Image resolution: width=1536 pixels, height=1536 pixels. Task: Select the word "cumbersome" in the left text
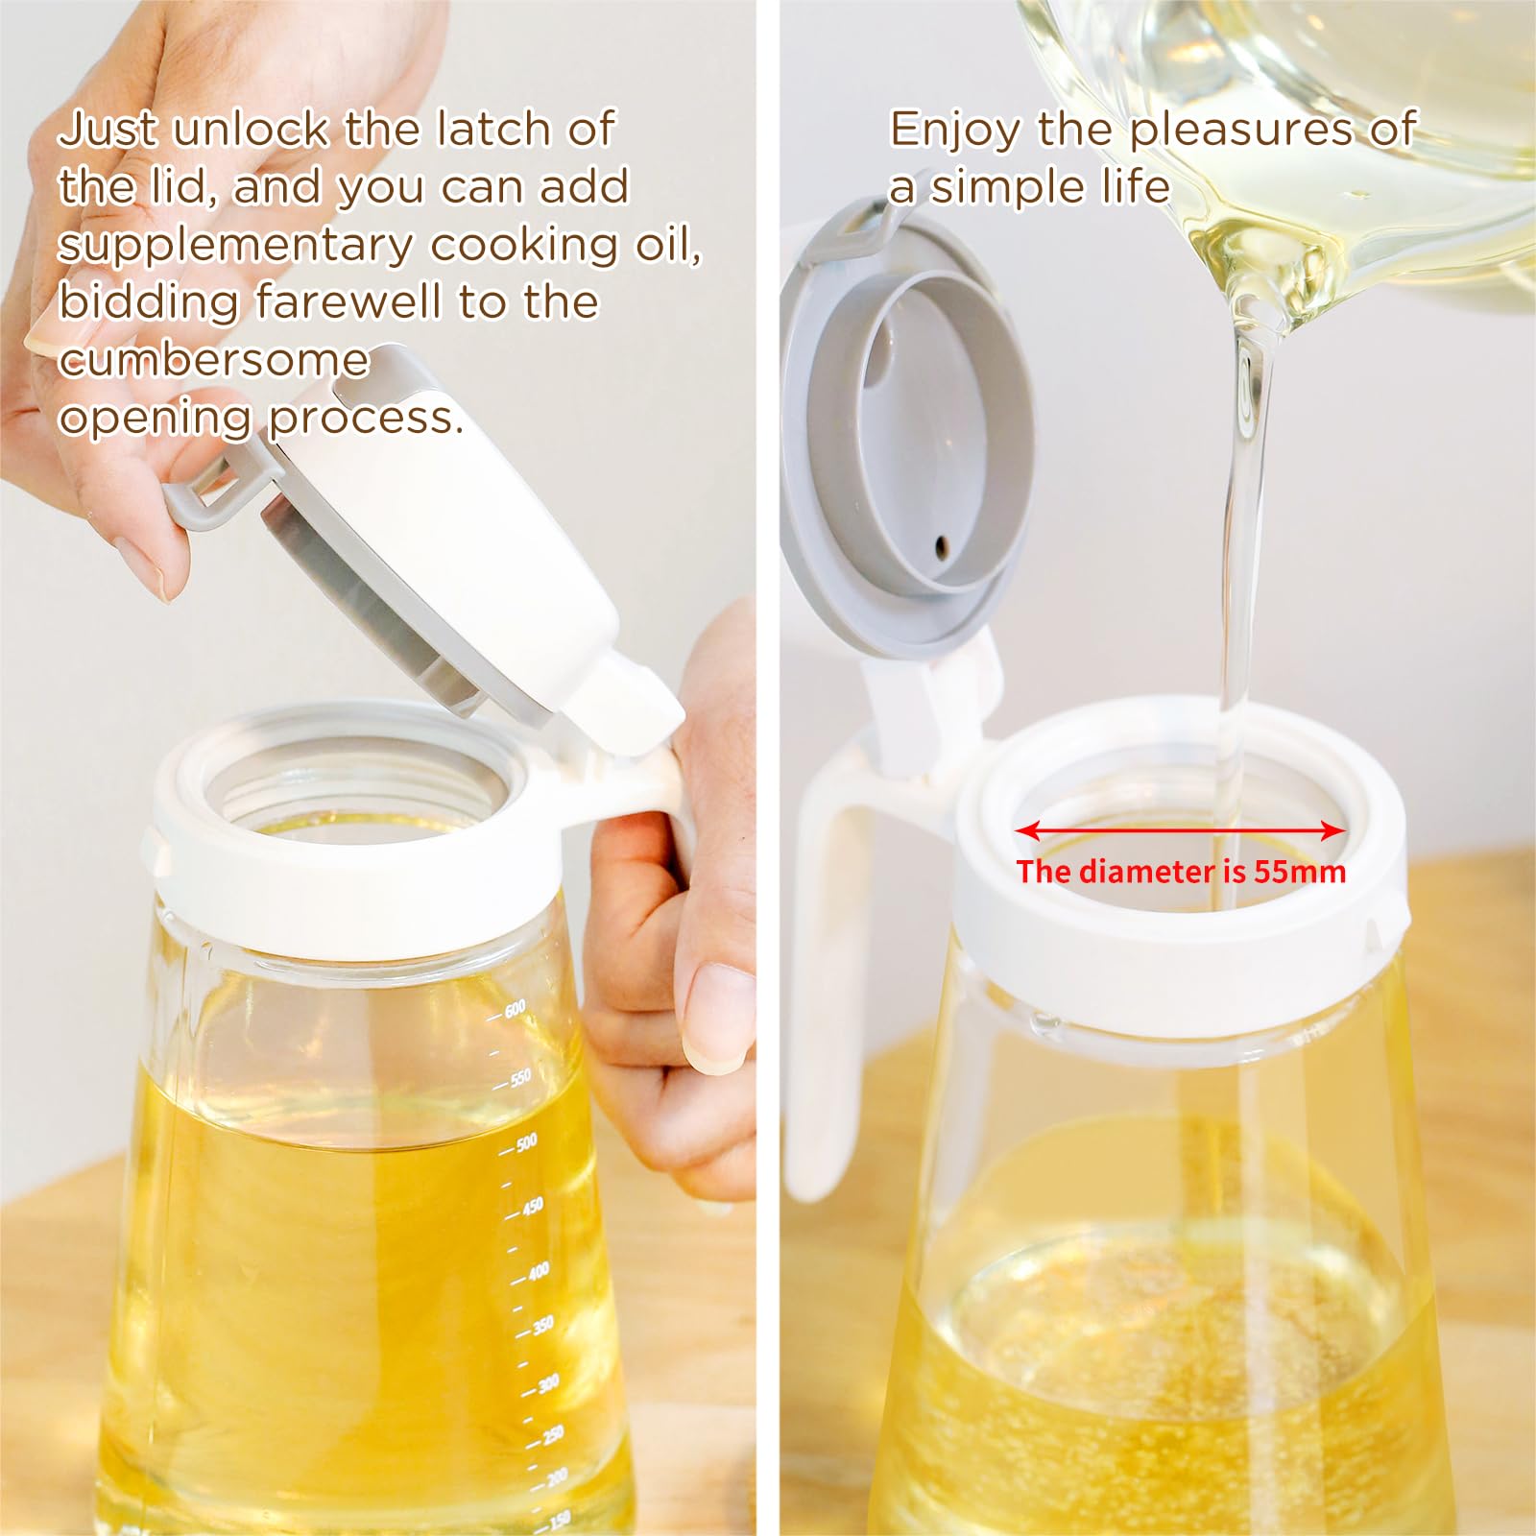coord(213,360)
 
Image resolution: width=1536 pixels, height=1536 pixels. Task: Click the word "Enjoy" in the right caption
coord(955,132)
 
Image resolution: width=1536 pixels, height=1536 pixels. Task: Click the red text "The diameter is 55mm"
coord(1181,872)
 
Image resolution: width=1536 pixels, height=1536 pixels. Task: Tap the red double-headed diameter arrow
coord(1180,830)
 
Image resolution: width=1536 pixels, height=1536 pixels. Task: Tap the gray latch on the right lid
coord(851,230)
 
